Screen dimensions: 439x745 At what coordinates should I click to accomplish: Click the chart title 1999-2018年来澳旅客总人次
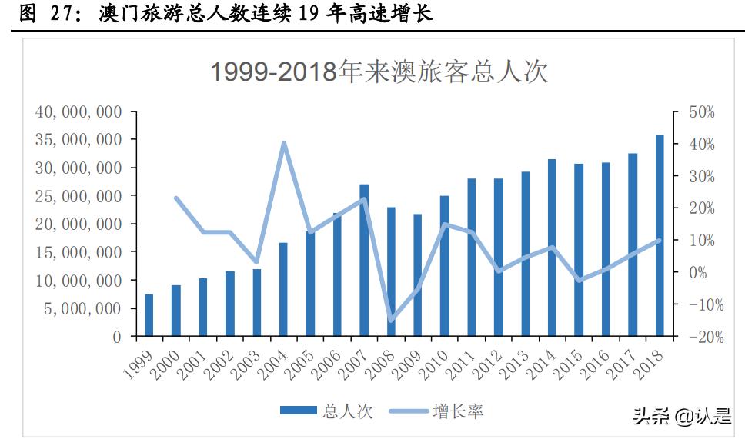point(379,72)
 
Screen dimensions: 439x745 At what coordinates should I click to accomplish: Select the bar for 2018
point(660,236)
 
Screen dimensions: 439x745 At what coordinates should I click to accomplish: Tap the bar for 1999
point(149,315)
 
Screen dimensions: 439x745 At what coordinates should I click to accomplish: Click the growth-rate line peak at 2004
point(283,143)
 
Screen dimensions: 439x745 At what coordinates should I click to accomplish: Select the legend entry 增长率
point(436,411)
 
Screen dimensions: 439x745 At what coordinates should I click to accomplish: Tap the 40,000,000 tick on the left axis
point(79,111)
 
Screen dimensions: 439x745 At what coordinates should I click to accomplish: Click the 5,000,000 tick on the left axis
point(82,308)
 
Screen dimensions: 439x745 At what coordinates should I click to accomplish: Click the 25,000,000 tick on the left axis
point(79,196)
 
